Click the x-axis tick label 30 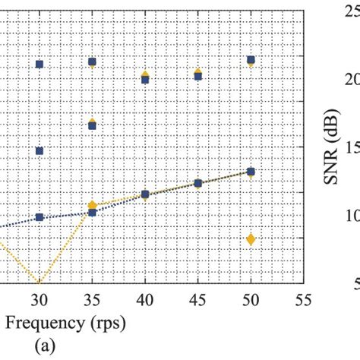coord(39,299)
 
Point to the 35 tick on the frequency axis coord(92,299)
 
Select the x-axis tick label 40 coord(145,299)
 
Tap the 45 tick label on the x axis coord(198,299)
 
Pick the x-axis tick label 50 coord(251,299)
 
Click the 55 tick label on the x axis coord(303,299)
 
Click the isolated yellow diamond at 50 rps coord(251,239)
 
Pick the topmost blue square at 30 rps coord(39,65)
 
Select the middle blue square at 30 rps coord(39,151)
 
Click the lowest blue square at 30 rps coord(39,217)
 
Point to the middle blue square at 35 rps coord(92,125)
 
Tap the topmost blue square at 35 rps coord(92,62)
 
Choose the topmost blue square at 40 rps coord(145,79)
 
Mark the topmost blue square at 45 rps coord(198,76)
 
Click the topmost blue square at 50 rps coord(251,60)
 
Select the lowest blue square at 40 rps coord(145,194)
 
